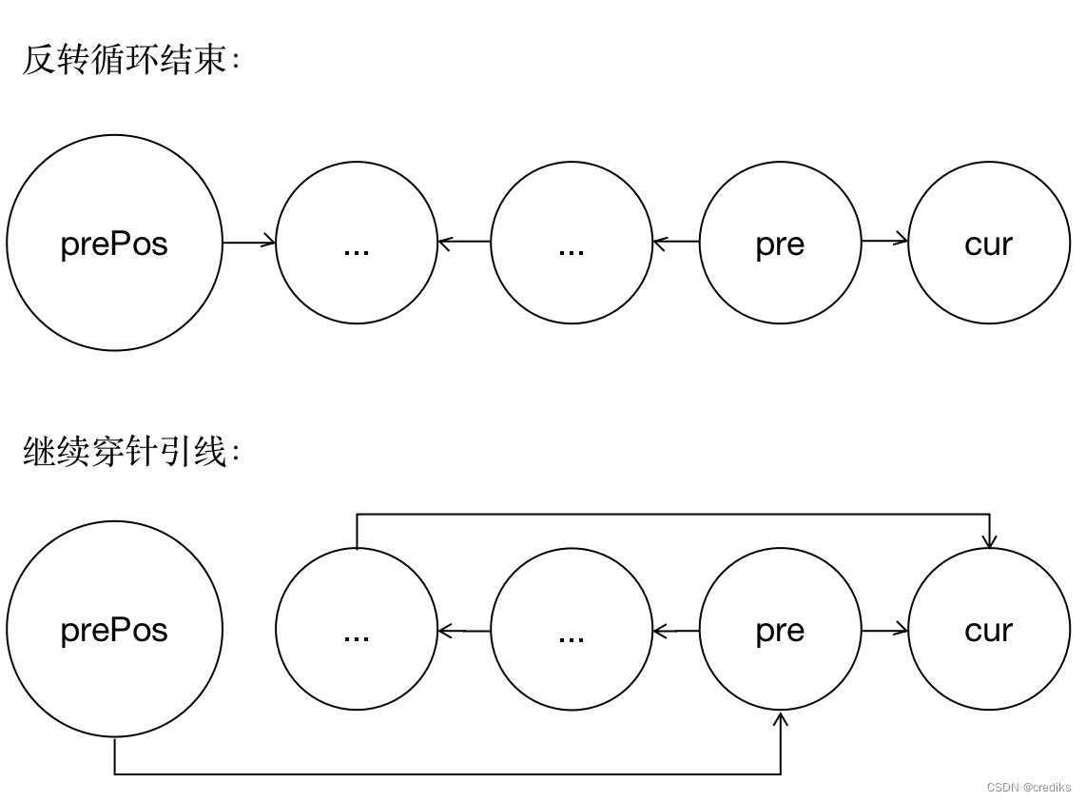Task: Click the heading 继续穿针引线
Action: pyautogui.click(x=131, y=452)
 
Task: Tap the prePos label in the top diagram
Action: pyautogui.click(x=114, y=244)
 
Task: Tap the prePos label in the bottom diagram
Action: pyautogui.click(x=114, y=630)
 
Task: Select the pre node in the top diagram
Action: pyautogui.click(x=780, y=244)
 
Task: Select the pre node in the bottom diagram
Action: pyautogui.click(x=780, y=630)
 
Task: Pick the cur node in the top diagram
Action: pyautogui.click(x=989, y=244)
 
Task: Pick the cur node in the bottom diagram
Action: pyautogui.click(x=989, y=630)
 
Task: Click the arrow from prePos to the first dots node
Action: pyautogui.click(x=249, y=243)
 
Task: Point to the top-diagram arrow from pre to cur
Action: pyautogui.click(x=884, y=242)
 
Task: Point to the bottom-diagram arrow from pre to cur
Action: pyautogui.click(x=884, y=629)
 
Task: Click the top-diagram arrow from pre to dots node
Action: pyautogui.click(x=676, y=243)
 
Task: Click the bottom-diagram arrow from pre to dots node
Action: pyautogui.click(x=676, y=630)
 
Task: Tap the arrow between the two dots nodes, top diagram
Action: pyautogui.click(x=464, y=243)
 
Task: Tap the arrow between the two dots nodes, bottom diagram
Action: pyautogui.click(x=464, y=630)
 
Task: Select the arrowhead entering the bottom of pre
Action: pyautogui.click(x=780, y=719)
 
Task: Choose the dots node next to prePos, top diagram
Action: pyautogui.click(x=357, y=244)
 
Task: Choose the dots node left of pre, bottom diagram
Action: pyautogui.click(x=572, y=630)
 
